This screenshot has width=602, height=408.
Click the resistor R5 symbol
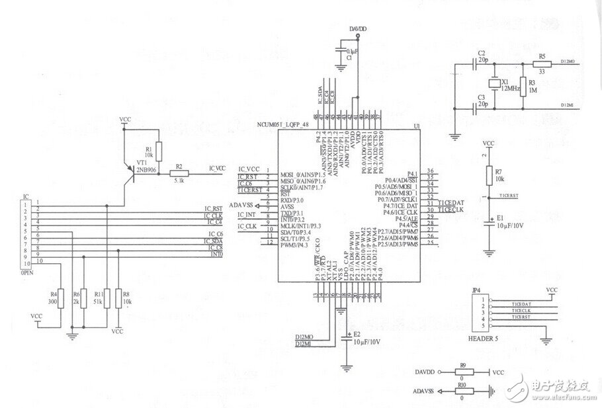542,64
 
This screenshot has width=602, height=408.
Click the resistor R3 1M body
523,85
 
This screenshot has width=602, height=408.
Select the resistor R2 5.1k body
179,174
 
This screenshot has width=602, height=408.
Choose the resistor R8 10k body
118,297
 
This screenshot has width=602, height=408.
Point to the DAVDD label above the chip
357,28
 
